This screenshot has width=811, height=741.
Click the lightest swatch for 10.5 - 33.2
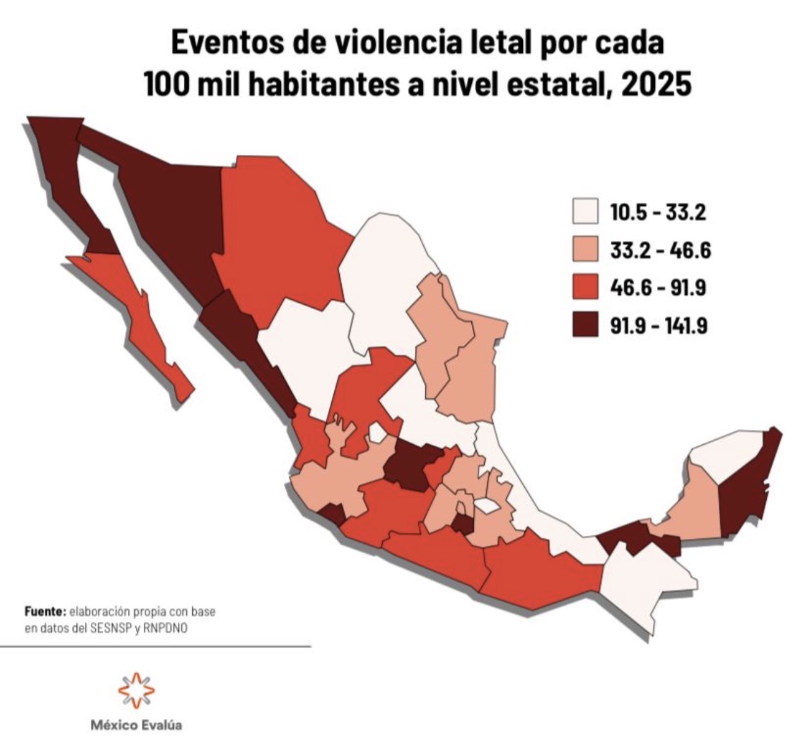pos(584,211)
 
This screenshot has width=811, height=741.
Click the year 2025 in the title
pos(656,85)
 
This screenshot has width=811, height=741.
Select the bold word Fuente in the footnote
pos(45,612)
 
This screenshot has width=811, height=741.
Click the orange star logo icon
pos(136,689)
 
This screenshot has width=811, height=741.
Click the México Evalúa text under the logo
pos(136,725)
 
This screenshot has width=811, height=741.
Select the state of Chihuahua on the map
pos(276,240)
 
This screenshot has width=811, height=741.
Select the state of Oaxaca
pos(535,568)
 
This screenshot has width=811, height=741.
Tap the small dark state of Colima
pos(332,514)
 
